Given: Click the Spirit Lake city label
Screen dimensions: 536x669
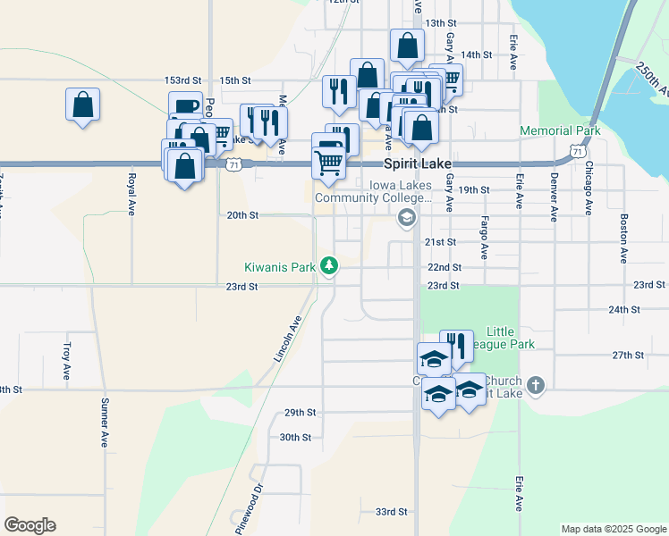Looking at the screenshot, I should coord(417,164).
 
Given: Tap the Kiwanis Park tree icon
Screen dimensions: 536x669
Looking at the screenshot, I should coord(330,265).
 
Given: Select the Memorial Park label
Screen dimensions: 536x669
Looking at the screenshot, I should coord(560,130).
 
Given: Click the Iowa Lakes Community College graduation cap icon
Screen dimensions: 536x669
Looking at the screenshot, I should coord(407,217).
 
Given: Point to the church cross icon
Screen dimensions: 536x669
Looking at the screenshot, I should coord(535,385).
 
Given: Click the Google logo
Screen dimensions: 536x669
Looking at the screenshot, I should coord(30,525).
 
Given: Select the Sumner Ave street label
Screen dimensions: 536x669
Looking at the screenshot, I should coord(105,423).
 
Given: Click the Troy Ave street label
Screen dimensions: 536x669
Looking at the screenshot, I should coord(66,361).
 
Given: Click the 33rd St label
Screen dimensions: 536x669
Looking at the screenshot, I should coord(391,512).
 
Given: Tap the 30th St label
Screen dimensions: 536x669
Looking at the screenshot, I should coord(294,438).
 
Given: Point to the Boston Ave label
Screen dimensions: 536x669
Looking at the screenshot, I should coord(622,238).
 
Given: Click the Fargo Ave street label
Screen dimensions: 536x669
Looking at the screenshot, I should coord(484,238).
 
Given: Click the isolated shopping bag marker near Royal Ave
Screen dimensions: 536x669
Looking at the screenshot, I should coord(82,104).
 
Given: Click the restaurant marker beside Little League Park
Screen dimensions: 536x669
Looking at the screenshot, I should coord(456,346).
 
